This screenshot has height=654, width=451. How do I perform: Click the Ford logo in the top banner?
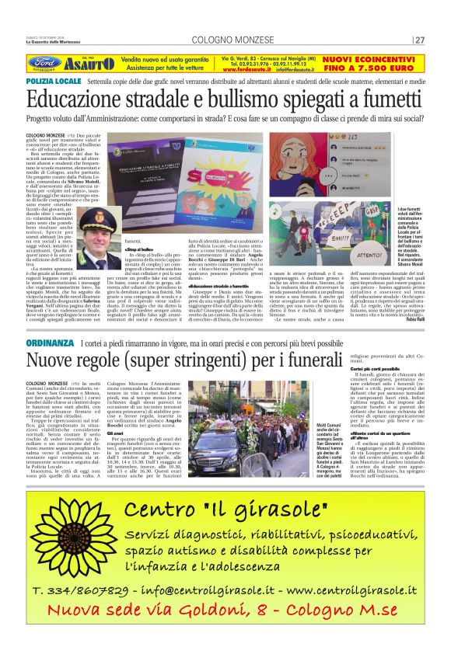[44, 63]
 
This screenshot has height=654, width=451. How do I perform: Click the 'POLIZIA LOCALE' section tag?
[54, 81]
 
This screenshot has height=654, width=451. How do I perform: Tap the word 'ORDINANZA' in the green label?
[51, 343]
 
